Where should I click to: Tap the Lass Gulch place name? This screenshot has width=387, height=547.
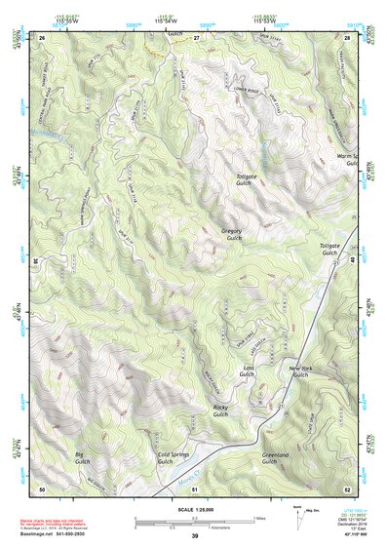[248, 371]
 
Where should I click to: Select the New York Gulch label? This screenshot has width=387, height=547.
[300, 371]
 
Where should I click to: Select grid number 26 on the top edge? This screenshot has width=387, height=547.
[42, 37]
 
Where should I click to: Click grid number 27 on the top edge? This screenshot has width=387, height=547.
[196, 37]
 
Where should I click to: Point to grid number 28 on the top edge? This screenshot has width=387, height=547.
[347, 37]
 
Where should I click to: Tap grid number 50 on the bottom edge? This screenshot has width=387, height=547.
[42, 488]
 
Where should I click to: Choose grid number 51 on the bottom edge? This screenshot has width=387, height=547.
[195, 488]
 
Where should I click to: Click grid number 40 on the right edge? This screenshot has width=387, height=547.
[350, 261]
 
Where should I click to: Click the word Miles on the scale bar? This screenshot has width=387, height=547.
[259, 517]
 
